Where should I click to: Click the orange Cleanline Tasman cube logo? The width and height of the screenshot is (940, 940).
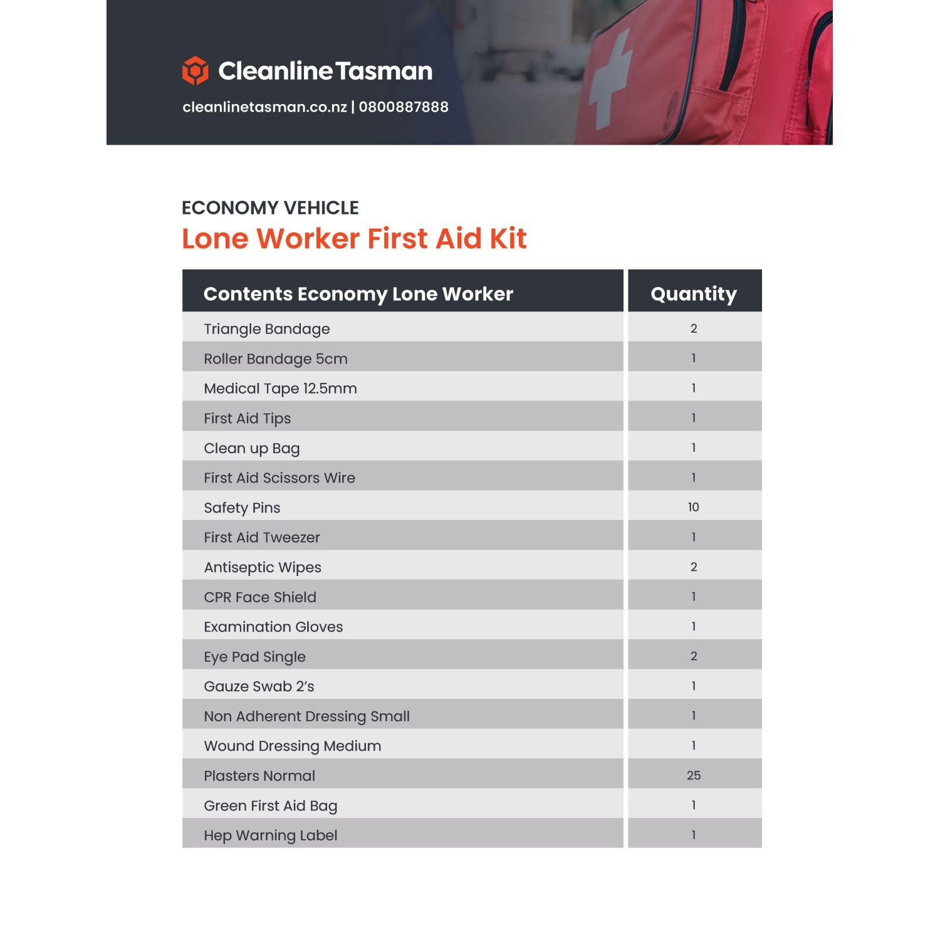click(x=195, y=70)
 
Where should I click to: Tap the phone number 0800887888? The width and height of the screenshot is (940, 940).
click(x=404, y=107)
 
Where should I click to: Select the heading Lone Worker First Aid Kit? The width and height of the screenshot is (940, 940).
click(x=354, y=239)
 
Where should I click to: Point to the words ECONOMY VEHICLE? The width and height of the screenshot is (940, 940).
click(x=270, y=207)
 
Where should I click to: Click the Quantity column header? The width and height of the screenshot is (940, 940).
click(x=694, y=293)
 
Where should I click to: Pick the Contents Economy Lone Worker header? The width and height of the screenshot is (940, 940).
click(x=358, y=293)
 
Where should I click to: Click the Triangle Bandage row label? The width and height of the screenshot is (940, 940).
click(x=266, y=329)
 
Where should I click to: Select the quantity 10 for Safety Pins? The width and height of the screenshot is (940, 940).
click(x=693, y=507)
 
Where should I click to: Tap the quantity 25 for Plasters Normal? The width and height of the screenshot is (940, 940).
click(x=693, y=775)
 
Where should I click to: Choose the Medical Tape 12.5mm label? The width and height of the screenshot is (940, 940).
click(x=280, y=389)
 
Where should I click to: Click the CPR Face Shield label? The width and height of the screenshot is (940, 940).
click(x=259, y=597)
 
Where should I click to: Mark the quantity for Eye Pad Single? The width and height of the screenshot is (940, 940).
click(x=693, y=656)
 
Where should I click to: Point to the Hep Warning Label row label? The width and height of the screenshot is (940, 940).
click(x=270, y=835)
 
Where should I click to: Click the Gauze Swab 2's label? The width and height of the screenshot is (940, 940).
click(x=259, y=686)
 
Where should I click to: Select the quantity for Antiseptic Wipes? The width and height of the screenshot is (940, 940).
click(x=693, y=567)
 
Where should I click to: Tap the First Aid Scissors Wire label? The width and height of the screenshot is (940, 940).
click(x=279, y=478)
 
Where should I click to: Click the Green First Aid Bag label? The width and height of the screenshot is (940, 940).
click(x=270, y=805)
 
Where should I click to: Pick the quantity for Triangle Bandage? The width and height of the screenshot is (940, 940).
click(x=693, y=328)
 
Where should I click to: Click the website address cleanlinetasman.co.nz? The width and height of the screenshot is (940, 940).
click(x=264, y=107)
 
